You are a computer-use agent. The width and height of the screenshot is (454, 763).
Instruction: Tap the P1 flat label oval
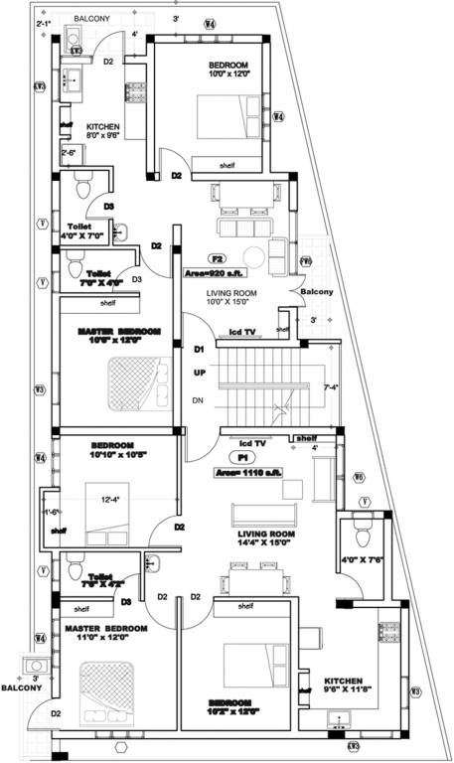[241, 458]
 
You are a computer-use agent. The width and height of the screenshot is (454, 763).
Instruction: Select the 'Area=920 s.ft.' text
[215, 272]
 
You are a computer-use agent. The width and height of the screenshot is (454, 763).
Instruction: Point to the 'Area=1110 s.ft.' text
[248, 474]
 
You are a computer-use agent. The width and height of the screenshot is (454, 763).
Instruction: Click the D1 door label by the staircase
[199, 350]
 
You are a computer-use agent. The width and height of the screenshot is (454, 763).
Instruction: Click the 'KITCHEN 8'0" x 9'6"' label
[103, 133]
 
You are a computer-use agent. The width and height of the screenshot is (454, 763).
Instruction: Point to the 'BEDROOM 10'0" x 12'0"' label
[228, 71]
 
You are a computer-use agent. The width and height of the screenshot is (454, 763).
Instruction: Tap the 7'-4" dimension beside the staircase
[332, 386]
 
